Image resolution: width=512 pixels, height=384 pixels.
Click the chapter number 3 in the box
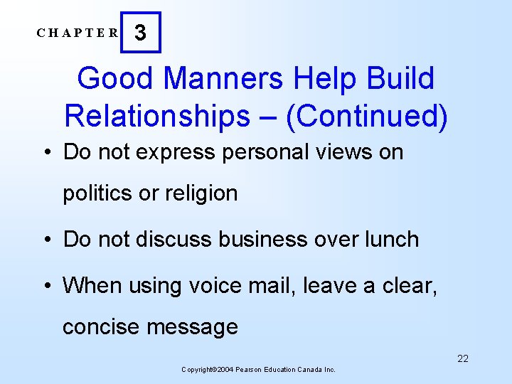tap(141, 33)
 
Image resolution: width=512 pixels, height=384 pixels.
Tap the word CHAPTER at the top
tap(78, 33)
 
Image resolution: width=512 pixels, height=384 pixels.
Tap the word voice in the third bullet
tap(212, 285)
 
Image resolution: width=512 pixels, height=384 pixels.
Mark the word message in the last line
tap(192, 327)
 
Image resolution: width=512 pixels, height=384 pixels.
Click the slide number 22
tap(462, 358)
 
